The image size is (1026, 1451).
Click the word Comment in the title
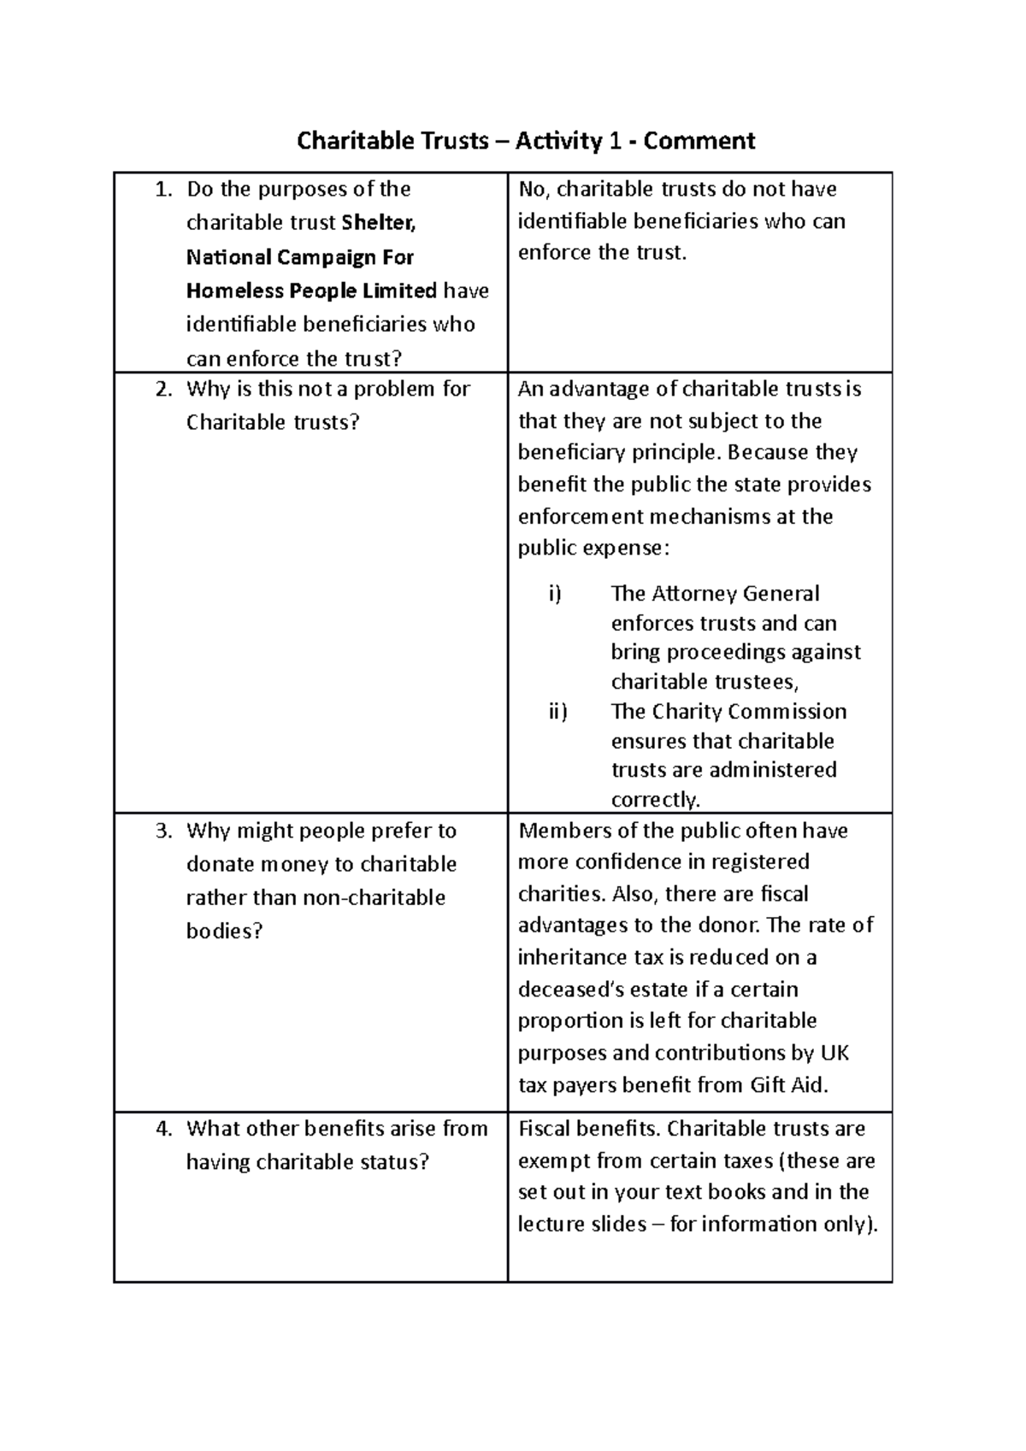pos(699,140)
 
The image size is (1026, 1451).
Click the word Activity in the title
pos(559,140)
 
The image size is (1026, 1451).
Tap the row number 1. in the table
pos(164,189)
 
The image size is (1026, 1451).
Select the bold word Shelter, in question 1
pos(379,223)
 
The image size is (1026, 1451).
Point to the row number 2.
pos(164,389)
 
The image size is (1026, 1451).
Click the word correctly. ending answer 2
pos(656,800)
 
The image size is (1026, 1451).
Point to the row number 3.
pos(164,831)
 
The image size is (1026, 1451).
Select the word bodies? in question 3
pos(225,931)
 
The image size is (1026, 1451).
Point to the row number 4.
pos(164,1128)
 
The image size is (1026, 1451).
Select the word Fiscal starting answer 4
pos(545,1128)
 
